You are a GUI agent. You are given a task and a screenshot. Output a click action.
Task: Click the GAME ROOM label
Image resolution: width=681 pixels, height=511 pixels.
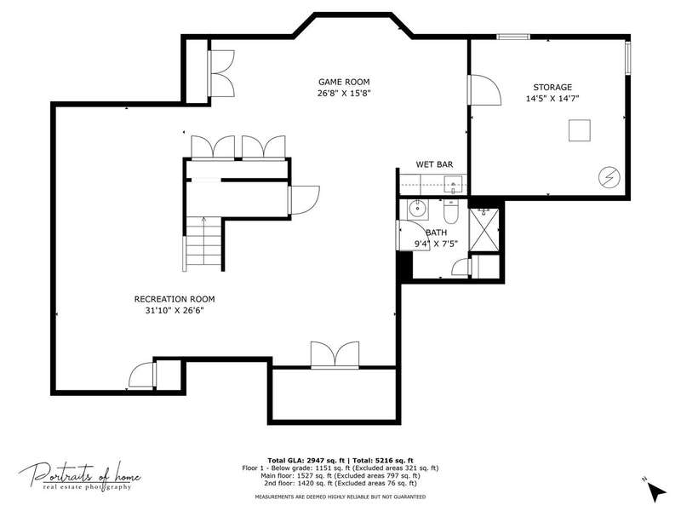pos(344,82)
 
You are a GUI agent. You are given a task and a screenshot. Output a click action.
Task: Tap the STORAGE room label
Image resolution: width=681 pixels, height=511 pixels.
pos(552,87)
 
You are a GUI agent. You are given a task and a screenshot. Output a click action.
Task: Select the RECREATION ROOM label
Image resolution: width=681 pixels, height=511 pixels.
pos(175,299)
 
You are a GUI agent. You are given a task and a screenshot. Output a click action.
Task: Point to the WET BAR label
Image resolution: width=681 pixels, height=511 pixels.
pos(434,164)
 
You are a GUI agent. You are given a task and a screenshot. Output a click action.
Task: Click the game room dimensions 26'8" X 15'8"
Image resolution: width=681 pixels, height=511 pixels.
pos(344,93)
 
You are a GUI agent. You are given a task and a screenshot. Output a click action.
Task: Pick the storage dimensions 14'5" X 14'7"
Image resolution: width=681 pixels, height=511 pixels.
pos(552,98)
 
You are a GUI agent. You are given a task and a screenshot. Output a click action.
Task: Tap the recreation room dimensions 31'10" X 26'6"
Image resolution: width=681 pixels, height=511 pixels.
pos(175,310)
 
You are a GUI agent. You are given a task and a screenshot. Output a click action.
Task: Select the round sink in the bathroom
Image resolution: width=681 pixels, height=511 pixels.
pos(418,208)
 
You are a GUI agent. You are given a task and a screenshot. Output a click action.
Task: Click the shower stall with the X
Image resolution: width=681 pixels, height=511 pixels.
pos(484,230)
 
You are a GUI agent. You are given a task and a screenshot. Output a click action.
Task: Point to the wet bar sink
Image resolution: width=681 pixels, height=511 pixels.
pos(453,185)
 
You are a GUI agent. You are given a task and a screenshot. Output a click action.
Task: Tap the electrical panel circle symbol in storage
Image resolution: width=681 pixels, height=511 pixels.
pos(609,177)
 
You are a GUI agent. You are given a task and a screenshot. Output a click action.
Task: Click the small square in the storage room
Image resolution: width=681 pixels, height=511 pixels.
pos(580,130)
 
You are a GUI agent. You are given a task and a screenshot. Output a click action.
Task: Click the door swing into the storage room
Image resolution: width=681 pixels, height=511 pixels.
pos(485,90)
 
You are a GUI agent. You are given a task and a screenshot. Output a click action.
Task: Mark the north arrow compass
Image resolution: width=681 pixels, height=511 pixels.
pos(656,490)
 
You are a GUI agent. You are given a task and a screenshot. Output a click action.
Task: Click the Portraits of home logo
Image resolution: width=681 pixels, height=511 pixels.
pos(79,476)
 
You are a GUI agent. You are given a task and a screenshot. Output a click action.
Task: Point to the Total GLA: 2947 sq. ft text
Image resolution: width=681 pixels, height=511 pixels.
pos(306,461)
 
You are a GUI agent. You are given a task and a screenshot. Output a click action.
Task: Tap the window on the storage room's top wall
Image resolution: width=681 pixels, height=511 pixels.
pos(513,37)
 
